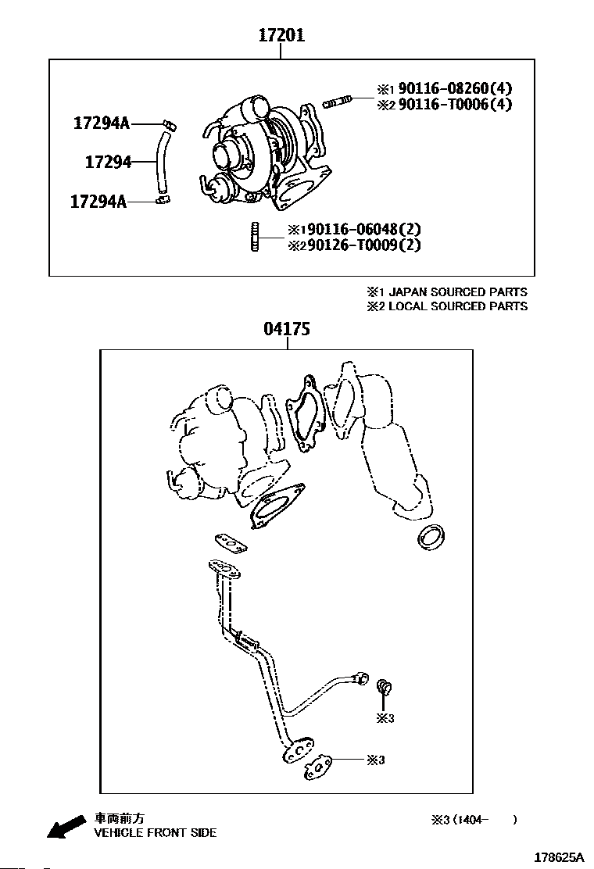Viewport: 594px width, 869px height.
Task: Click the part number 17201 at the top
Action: click(x=282, y=35)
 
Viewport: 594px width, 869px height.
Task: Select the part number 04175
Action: click(x=287, y=329)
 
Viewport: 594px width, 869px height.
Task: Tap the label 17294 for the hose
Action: click(x=108, y=162)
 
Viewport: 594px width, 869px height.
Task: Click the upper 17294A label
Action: click(x=102, y=123)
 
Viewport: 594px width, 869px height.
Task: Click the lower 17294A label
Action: click(x=98, y=202)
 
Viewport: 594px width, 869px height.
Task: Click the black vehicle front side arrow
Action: click(x=66, y=826)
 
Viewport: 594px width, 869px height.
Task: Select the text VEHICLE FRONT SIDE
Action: click(x=155, y=833)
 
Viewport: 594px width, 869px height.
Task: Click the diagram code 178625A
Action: click(x=559, y=856)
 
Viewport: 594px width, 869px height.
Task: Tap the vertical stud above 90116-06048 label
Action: click(x=254, y=238)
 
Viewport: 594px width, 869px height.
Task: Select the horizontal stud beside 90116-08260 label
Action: click(x=337, y=101)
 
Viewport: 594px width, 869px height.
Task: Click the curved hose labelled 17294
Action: click(x=162, y=163)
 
